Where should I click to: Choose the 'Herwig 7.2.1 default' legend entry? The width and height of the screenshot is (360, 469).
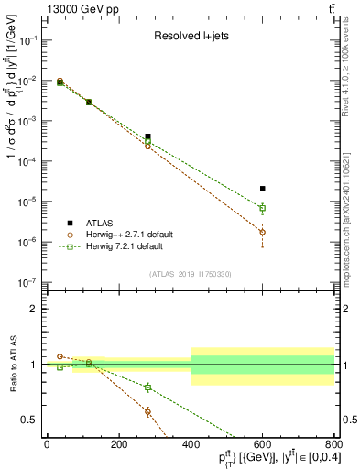(x=125, y=246)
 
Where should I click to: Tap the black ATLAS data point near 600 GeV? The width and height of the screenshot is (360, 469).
(x=263, y=189)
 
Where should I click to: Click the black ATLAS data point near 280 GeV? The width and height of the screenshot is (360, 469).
(x=147, y=136)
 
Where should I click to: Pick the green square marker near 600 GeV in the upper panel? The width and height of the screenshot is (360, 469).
(x=263, y=208)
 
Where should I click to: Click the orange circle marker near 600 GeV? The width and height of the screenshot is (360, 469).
(x=263, y=232)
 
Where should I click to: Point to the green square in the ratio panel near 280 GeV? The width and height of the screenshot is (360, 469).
(x=147, y=387)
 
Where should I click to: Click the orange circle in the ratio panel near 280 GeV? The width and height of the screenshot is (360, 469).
(x=147, y=411)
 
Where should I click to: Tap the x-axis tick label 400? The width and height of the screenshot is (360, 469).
(x=191, y=445)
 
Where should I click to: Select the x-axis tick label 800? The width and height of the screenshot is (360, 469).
(x=334, y=445)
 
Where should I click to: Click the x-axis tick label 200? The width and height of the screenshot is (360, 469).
(x=118, y=445)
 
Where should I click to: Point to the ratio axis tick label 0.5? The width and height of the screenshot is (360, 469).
(x=30, y=420)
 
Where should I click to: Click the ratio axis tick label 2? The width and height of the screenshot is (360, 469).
(x=34, y=309)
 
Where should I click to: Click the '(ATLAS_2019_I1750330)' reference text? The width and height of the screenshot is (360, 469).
(x=190, y=273)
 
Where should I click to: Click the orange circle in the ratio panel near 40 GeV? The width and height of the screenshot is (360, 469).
(x=60, y=356)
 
